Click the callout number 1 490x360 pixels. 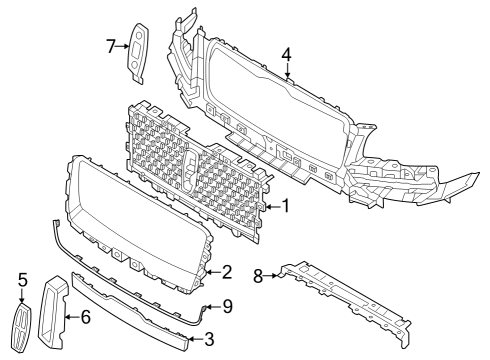[x=285, y=208]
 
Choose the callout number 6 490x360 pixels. [x=86, y=319]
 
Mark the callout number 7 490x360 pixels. [x=111, y=45]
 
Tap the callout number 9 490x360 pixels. [x=227, y=307]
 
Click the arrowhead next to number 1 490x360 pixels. [x=269, y=208]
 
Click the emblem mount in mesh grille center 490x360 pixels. [x=190, y=164]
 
